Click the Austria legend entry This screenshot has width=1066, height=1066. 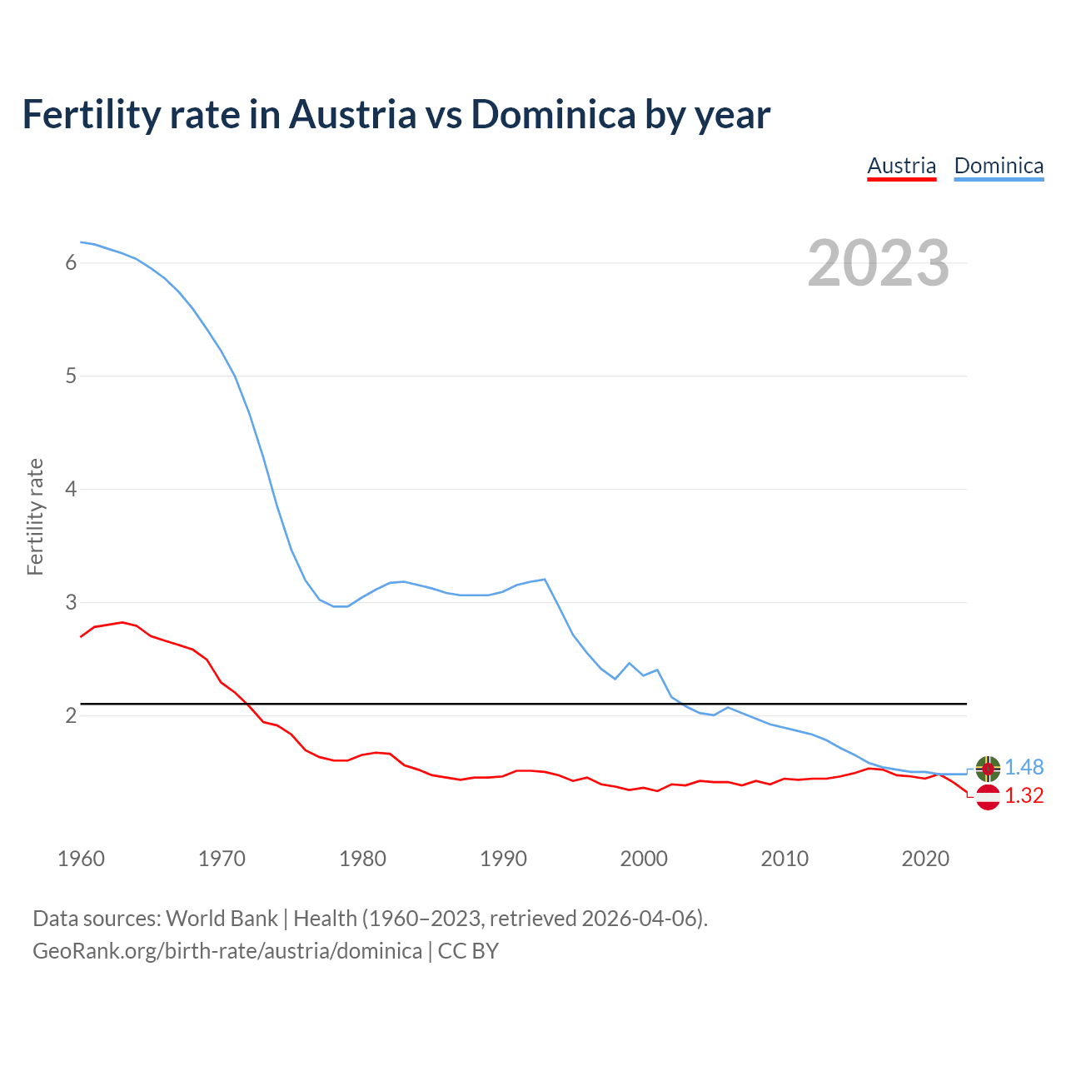click(901, 166)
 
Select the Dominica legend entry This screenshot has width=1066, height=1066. click(999, 166)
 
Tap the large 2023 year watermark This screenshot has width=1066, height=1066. click(878, 263)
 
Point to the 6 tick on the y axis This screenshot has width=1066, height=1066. click(71, 263)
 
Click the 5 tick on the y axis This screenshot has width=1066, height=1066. click(71, 376)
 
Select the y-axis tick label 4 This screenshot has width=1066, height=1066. click(71, 489)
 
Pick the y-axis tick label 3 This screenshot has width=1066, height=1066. click(71, 602)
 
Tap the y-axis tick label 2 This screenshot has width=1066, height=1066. click(71, 715)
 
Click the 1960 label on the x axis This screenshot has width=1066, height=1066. click(81, 859)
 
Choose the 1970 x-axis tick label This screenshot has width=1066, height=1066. click(222, 859)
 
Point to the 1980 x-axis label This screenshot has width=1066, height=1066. click(362, 859)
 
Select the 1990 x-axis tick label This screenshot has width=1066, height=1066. click(503, 859)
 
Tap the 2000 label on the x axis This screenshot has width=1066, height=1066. click(644, 859)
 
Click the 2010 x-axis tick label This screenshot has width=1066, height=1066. click(785, 859)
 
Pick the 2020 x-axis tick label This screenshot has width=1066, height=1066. click(925, 859)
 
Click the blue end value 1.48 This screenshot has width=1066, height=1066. click(1024, 767)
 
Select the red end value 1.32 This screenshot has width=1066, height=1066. click(1024, 796)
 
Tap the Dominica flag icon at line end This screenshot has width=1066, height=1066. click(988, 769)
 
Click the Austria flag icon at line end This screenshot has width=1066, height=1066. click(988, 797)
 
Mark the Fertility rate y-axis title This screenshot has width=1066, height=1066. click(35, 516)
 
